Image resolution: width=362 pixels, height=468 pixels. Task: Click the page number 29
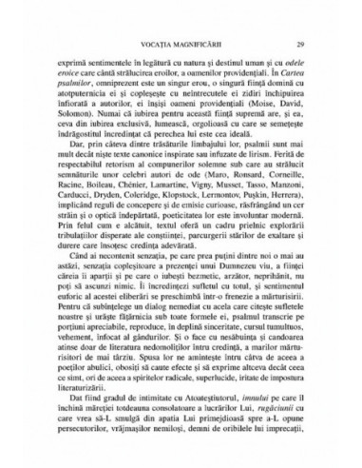[299, 45]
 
